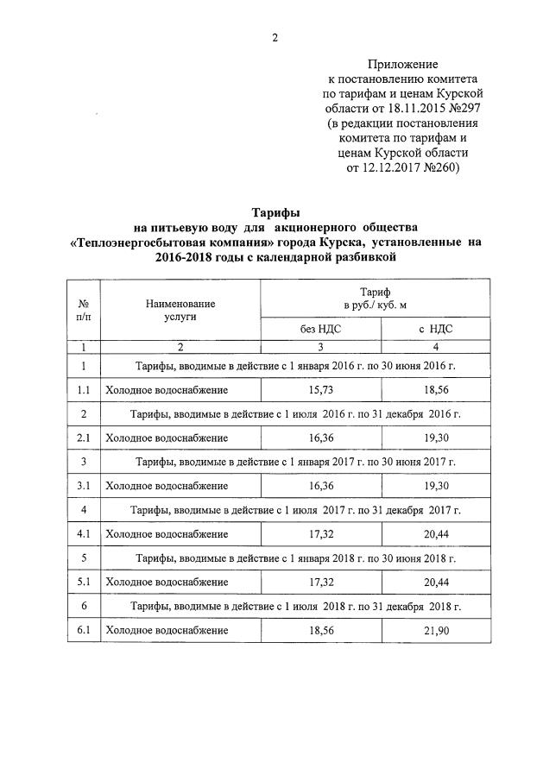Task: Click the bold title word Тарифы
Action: coord(275,212)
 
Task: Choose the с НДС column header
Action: coord(435,329)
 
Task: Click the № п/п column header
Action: coord(84,310)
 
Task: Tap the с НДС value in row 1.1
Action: coord(435,390)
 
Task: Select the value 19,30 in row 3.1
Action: coord(435,486)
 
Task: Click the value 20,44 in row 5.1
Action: coord(435,583)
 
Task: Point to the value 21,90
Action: coord(435,631)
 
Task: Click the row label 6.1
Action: coord(84,631)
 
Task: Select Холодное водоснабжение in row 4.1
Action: coord(167,534)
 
